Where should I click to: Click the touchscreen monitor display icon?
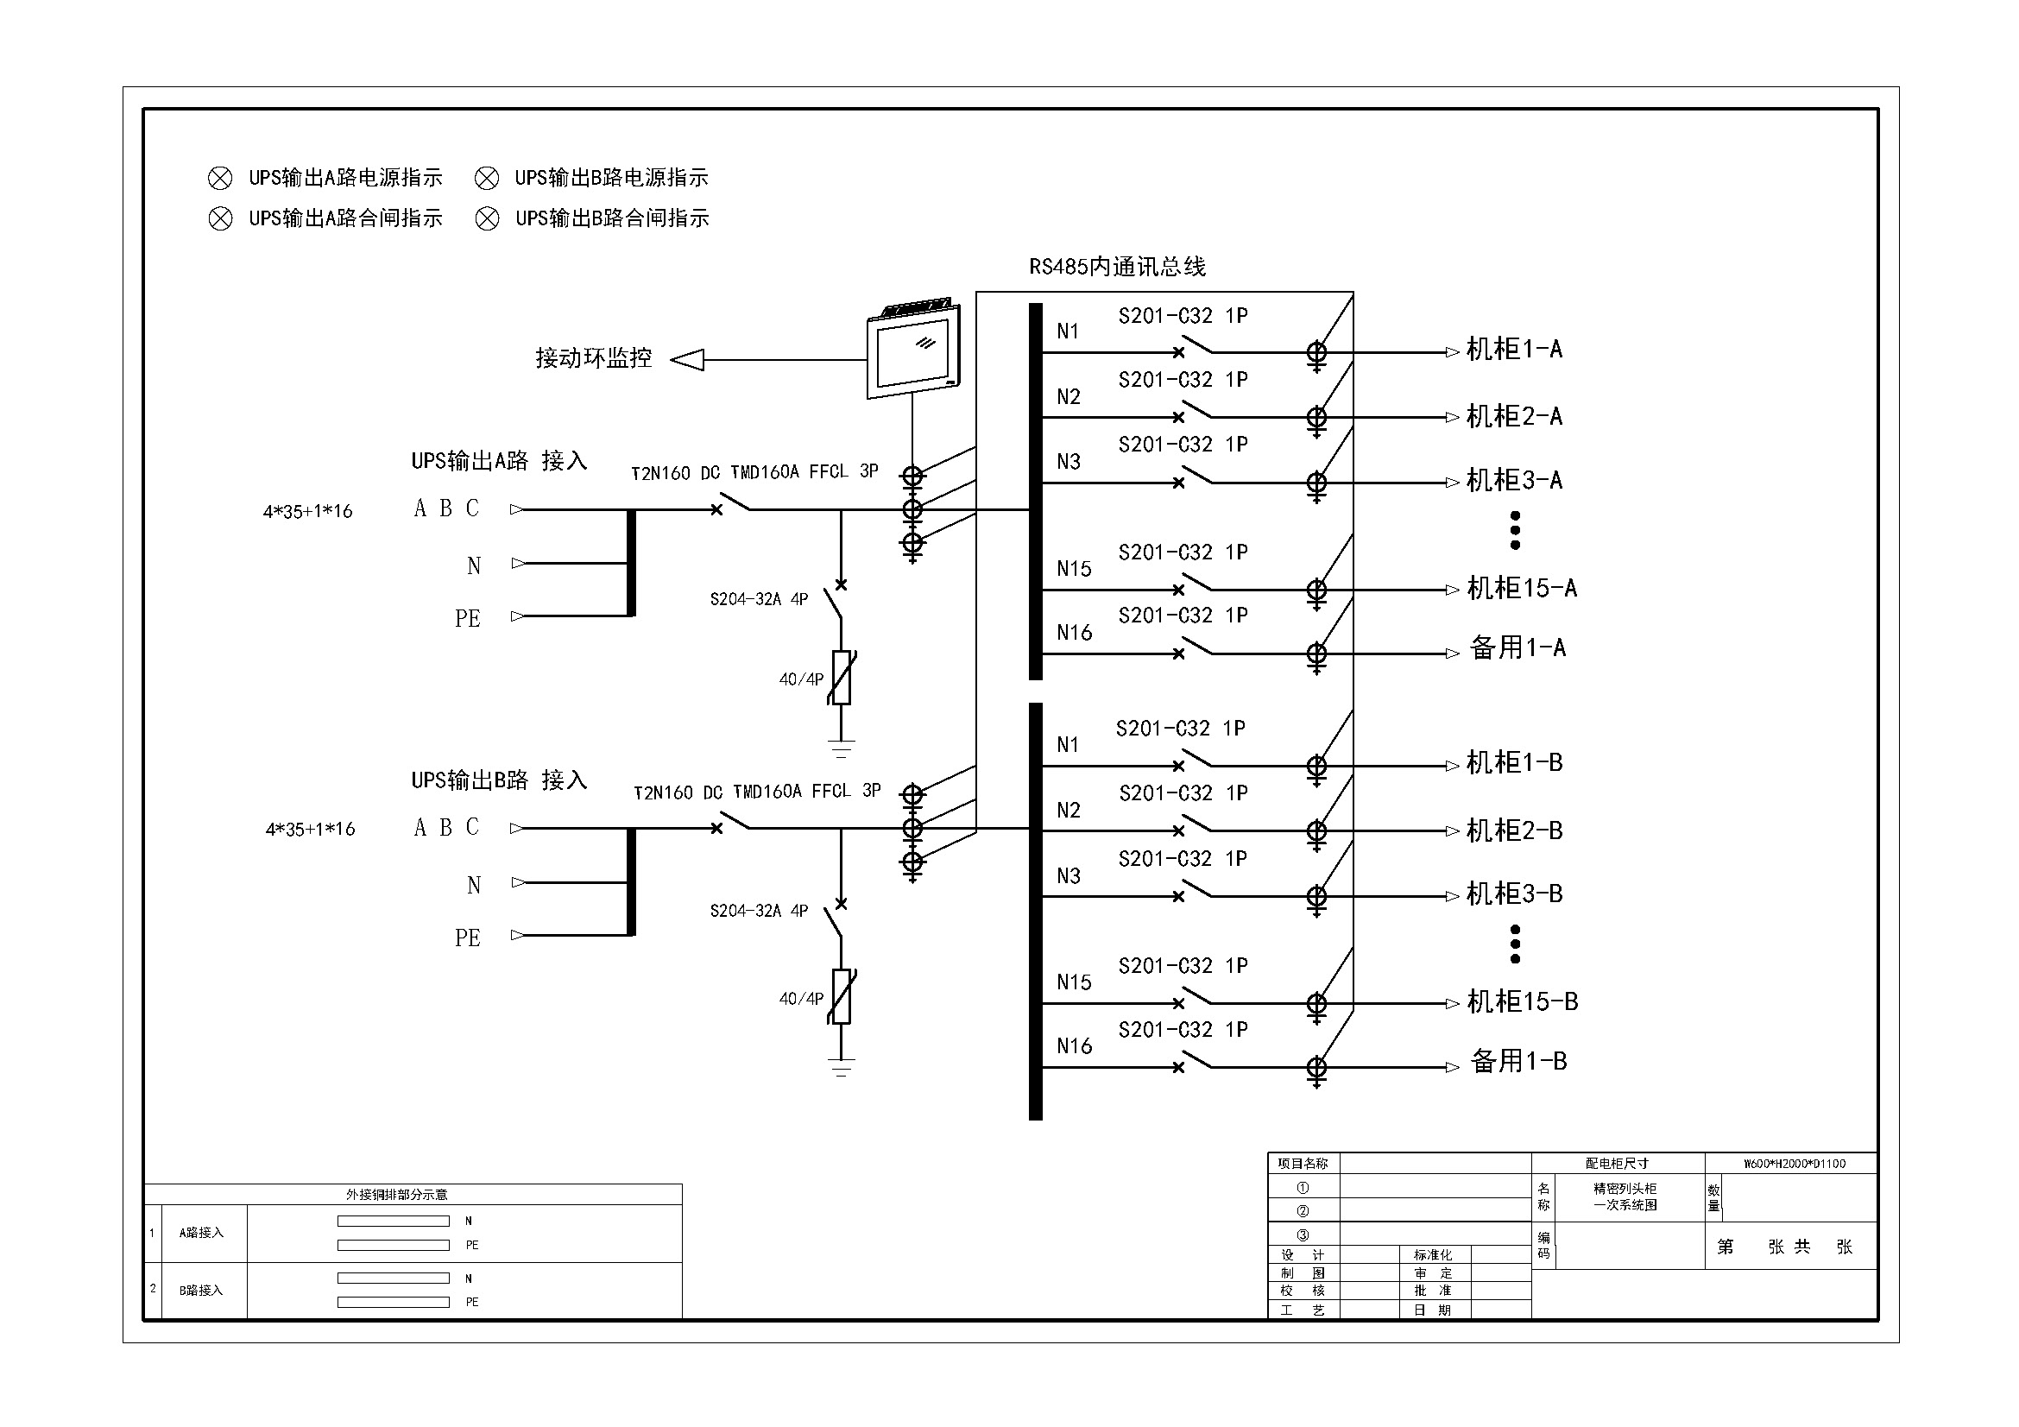(x=913, y=350)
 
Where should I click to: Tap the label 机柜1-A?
(x=1514, y=350)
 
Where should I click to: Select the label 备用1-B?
(x=1518, y=1061)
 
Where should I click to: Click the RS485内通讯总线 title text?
(x=1117, y=267)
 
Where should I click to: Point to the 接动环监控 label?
(x=594, y=358)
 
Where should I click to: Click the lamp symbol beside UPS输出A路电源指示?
(x=220, y=179)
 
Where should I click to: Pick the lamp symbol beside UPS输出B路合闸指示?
(x=487, y=218)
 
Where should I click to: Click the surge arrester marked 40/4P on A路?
(x=842, y=678)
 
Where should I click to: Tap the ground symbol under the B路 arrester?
(x=842, y=1068)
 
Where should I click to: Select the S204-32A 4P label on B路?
(x=759, y=911)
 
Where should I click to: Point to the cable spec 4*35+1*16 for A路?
(x=308, y=511)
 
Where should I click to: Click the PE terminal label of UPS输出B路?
(x=468, y=938)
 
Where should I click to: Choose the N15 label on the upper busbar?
(x=1074, y=569)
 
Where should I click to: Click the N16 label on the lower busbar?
(x=1074, y=1045)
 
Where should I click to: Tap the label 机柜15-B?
(x=1522, y=1001)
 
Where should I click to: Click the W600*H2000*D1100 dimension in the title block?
(x=1795, y=1163)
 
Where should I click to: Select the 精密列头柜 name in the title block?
(x=1625, y=1188)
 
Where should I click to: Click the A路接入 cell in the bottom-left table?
(x=201, y=1233)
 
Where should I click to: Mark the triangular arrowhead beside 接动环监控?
(x=688, y=360)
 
